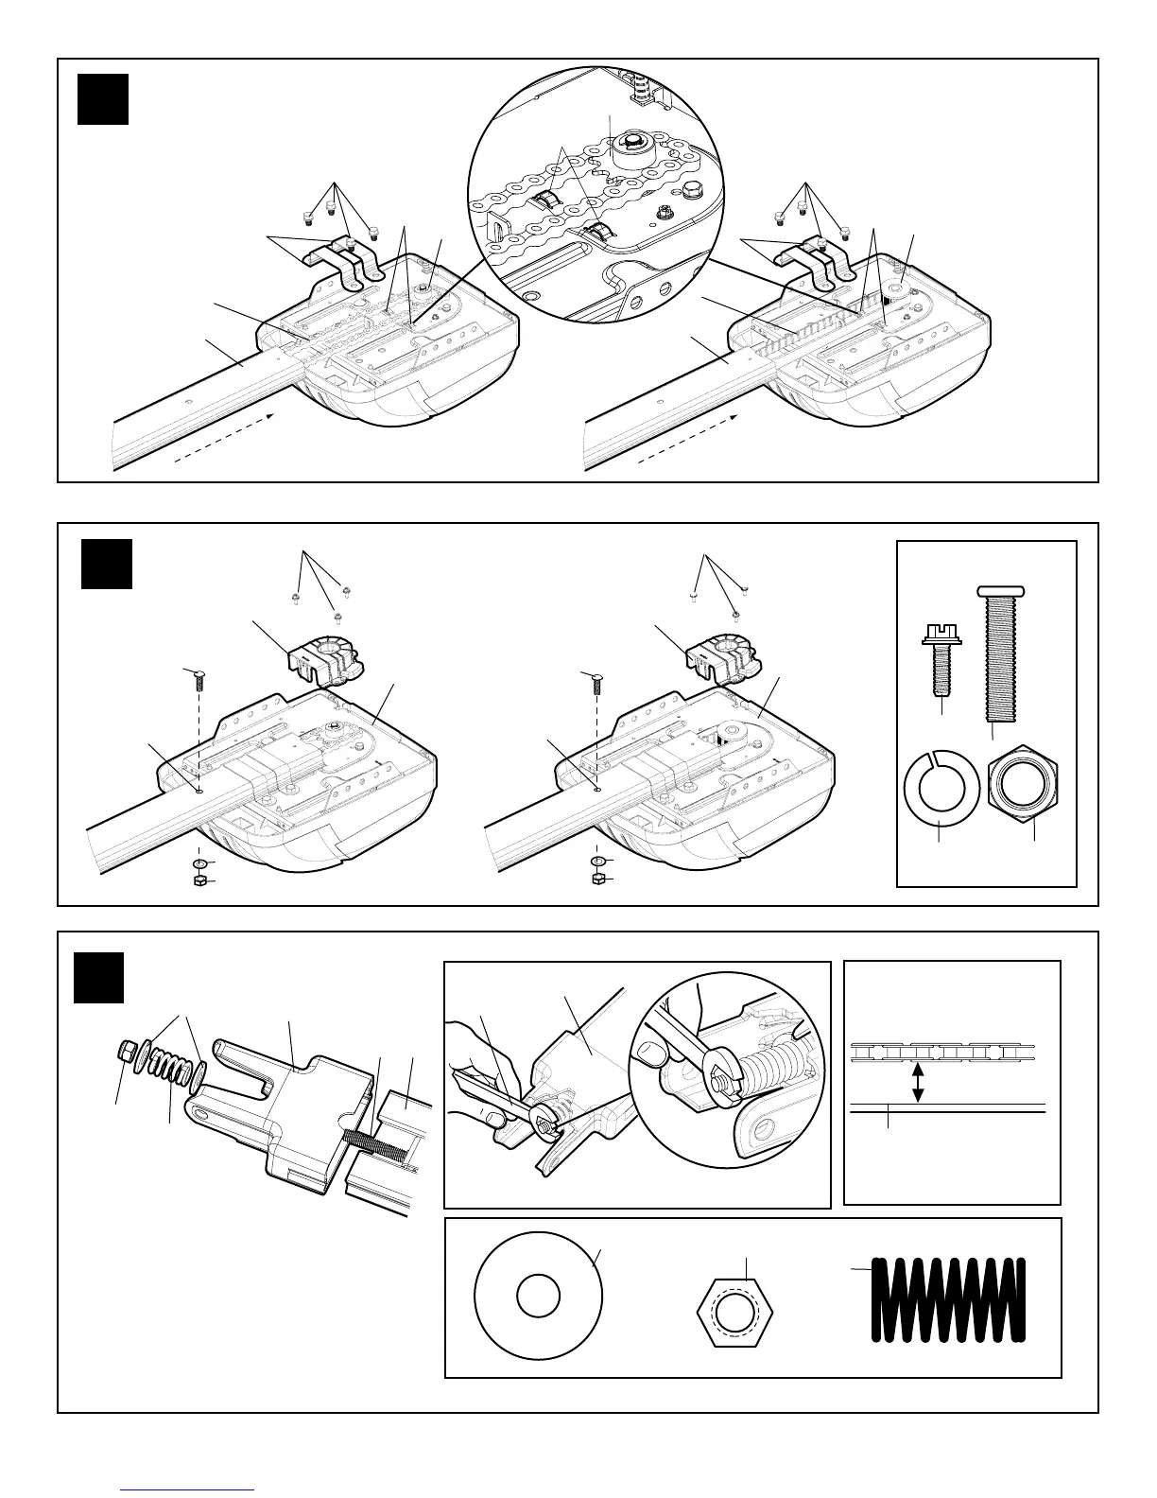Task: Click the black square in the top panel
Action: click(102, 99)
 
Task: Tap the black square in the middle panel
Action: click(106, 564)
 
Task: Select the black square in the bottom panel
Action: click(98, 978)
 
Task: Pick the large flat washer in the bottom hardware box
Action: click(537, 1296)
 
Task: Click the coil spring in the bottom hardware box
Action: click(947, 1298)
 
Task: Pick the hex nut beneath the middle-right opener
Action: click(597, 880)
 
